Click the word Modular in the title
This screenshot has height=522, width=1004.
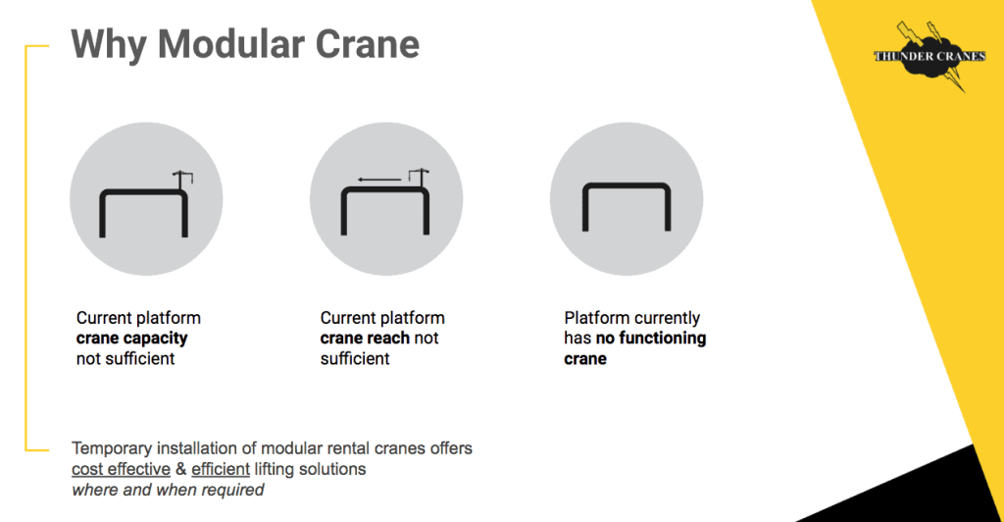pyautogui.click(x=230, y=44)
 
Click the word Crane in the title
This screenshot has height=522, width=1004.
pyautogui.click(x=368, y=44)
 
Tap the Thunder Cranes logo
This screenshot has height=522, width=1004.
pyautogui.click(x=929, y=56)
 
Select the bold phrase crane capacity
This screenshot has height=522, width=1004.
pyautogui.click(x=132, y=339)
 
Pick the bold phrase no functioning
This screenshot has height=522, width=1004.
pyautogui.click(x=651, y=339)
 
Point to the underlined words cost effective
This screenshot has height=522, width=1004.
pyautogui.click(x=121, y=469)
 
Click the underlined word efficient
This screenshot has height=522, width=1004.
pyautogui.click(x=221, y=469)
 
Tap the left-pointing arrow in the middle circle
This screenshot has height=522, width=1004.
pyautogui.click(x=379, y=180)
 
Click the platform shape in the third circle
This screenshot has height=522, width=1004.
pyautogui.click(x=627, y=184)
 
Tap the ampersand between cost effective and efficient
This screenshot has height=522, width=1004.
pyautogui.click(x=181, y=469)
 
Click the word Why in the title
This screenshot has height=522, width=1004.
pyautogui.click(x=108, y=45)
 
